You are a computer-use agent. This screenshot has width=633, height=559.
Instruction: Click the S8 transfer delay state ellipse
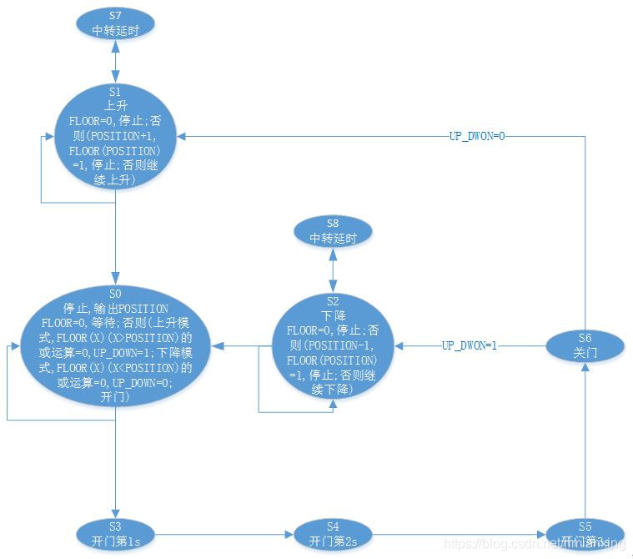click(x=334, y=231)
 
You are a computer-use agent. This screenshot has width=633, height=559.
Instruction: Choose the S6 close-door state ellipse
click(x=585, y=345)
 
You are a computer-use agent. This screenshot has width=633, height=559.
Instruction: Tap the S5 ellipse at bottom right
click(x=585, y=532)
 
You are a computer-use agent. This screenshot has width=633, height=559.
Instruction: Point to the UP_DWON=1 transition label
click(x=470, y=345)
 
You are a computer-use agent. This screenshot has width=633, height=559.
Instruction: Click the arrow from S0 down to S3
click(x=116, y=462)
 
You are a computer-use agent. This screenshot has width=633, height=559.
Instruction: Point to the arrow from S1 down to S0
click(x=116, y=237)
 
